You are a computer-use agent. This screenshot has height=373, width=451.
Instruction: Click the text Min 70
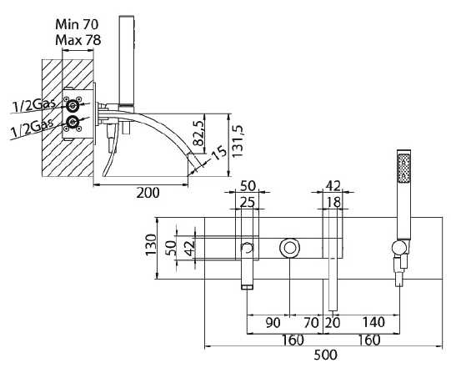77,24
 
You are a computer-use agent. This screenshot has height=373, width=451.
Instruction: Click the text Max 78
78,40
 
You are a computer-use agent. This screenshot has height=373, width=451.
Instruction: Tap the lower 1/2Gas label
32,128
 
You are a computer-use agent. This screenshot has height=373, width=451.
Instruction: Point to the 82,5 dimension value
198,133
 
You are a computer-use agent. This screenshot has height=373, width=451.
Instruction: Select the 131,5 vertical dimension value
238,141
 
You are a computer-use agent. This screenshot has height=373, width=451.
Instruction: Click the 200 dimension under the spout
148,193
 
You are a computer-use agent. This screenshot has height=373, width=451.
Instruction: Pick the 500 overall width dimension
325,355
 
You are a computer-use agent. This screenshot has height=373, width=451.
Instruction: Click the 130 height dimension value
150,245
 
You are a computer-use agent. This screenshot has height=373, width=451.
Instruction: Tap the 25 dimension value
248,202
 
